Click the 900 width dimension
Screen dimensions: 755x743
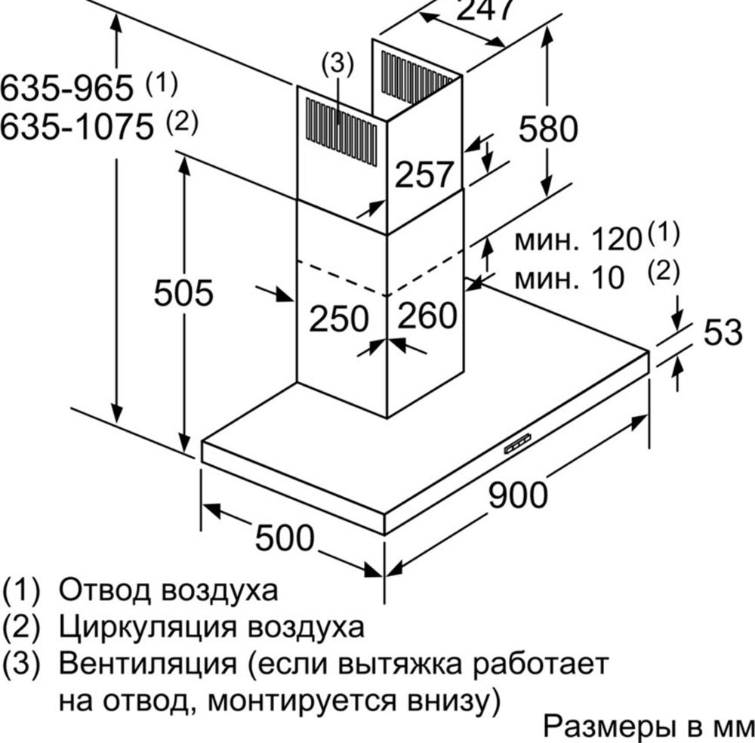click(x=518, y=495)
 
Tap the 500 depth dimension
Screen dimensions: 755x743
click(x=285, y=538)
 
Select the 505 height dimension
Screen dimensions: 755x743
click(x=183, y=292)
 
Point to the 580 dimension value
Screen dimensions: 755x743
click(x=548, y=128)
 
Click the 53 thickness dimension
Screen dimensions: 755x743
click(x=723, y=331)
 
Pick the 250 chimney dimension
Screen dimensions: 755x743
click(x=339, y=319)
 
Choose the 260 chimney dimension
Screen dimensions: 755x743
click(x=427, y=315)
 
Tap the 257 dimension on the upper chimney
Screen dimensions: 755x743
click(x=424, y=174)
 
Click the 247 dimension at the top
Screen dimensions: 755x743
click(x=485, y=10)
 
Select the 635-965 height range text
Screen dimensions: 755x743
click(x=66, y=88)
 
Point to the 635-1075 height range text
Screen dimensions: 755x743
click(x=77, y=127)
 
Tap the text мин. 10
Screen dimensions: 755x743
click(x=569, y=278)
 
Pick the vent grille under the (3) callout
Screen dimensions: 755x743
click(x=341, y=132)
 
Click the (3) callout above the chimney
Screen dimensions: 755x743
click(x=337, y=64)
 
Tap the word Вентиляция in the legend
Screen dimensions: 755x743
click(x=148, y=664)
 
